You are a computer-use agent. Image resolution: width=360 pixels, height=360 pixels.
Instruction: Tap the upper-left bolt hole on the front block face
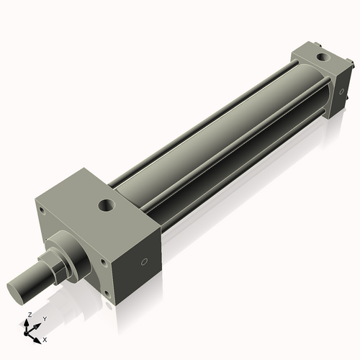(x=42, y=210)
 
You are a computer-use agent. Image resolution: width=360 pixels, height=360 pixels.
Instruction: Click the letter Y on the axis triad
(x=44, y=318)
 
